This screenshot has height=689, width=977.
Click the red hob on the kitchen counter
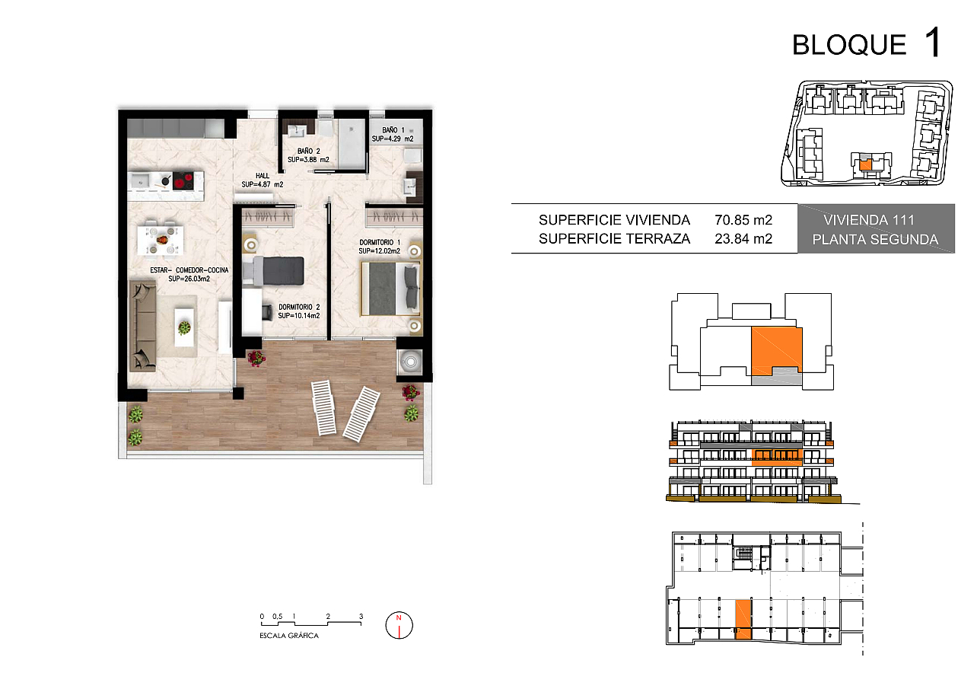[x=183, y=180]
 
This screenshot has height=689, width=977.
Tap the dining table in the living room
[x=160, y=240]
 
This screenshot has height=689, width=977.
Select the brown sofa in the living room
[x=142, y=326]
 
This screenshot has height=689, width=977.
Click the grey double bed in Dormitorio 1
[x=390, y=289]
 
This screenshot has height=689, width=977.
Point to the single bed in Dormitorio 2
[x=272, y=271]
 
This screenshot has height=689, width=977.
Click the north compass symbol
[x=399, y=625]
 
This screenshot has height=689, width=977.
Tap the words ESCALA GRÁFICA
[x=288, y=636]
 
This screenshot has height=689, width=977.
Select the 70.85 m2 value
[x=743, y=220]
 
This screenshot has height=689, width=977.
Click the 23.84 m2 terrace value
[x=743, y=239]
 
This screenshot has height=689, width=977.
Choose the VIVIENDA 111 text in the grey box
[x=869, y=220]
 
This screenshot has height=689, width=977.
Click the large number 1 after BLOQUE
[x=933, y=42]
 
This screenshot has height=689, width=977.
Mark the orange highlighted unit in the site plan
[x=865, y=164]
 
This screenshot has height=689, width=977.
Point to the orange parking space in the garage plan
[x=743, y=620]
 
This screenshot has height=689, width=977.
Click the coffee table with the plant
[x=184, y=327]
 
